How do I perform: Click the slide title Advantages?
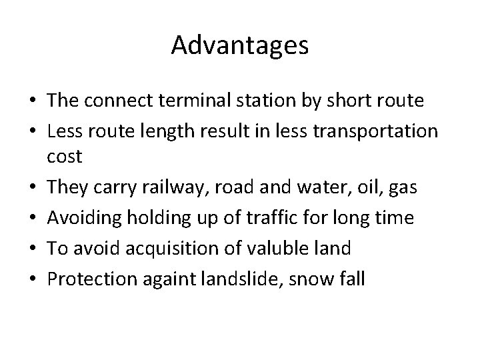pos(239,45)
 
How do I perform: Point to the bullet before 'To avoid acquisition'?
pos(31,248)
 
